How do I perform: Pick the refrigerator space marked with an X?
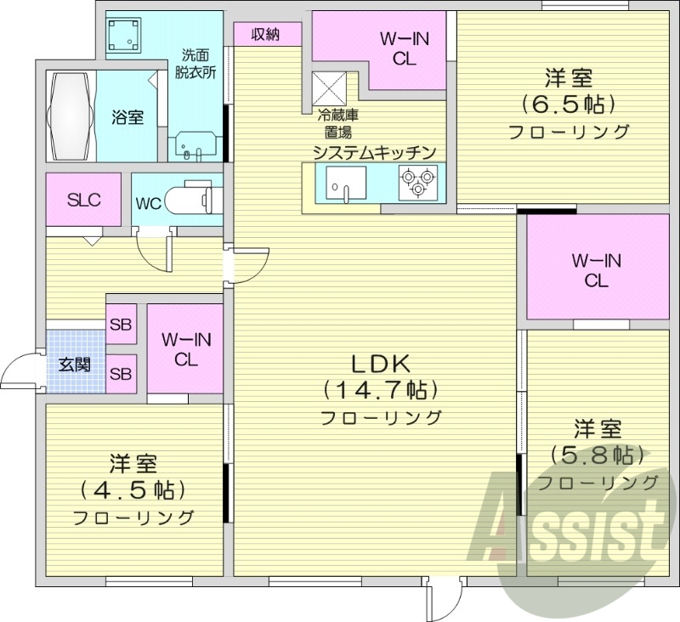pyautogui.click(x=328, y=87)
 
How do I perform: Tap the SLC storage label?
pyautogui.click(x=84, y=201)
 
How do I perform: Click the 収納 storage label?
pyautogui.click(x=266, y=34)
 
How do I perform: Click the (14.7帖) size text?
pyautogui.click(x=381, y=391)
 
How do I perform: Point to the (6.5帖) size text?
pyautogui.click(x=568, y=105)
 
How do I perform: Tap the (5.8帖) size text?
pyautogui.click(x=597, y=455)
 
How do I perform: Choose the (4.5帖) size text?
pyautogui.click(x=133, y=489)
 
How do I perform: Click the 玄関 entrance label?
pyautogui.click(x=74, y=366)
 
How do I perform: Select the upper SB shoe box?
pyautogui.click(x=121, y=324)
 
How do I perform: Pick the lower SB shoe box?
pyautogui.click(x=121, y=373)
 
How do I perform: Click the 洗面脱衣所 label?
pyautogui.click(x=195, y=62)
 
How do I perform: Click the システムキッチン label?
pyautogui.click(x=374, y=152)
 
